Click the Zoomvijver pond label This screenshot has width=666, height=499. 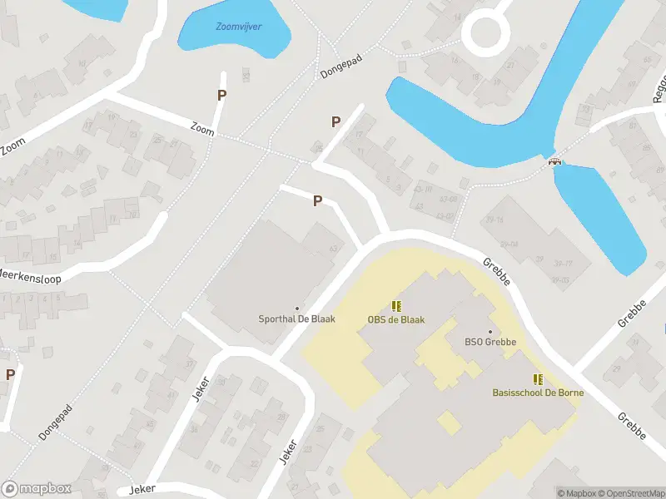(x=239, y=27)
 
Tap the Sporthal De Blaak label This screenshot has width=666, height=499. (x=297, y=319)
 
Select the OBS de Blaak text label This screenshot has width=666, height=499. (x=396, y=319)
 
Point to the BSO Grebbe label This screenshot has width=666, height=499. (x=490, y=342)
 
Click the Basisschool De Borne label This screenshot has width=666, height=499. (x=538, y=392)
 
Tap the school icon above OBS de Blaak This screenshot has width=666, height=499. (x=396, y=306)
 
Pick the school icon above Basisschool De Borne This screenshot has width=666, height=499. (x=538, y=379)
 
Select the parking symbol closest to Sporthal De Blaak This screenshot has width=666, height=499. (x=317, y=200)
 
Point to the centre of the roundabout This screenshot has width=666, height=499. (x=485, y=33)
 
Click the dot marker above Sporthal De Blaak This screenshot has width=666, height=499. (x=297, y=309)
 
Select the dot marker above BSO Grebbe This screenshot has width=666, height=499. (x=490, y=331)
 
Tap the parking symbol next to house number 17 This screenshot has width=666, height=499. (x=336, y=121)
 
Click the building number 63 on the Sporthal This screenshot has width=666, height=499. (x=335, y=249)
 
